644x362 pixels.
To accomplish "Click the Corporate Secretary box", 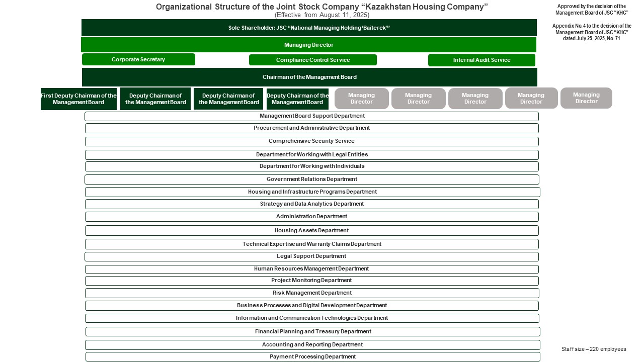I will point(138,59).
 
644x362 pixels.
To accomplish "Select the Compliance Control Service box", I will point(312,60).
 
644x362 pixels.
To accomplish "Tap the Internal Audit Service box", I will point(481,60).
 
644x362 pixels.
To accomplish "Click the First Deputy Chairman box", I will point(78,99).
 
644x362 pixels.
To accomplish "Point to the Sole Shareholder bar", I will point(309,28).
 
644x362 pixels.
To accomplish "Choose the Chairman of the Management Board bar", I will point(309,77).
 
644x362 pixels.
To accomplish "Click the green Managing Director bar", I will point(308,45).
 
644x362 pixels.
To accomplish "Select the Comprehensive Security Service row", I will point(311,141).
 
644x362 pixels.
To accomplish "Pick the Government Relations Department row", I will point(311,179).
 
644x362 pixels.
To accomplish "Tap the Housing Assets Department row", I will point(311,230).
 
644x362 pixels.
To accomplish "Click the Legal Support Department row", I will point(311,256).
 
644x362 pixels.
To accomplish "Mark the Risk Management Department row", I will point(311,293).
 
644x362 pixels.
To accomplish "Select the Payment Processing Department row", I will point(312,356).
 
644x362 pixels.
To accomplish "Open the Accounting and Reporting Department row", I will point(312,344).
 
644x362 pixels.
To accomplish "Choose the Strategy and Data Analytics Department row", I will point(311,204).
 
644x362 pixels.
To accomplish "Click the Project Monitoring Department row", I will point(311,281).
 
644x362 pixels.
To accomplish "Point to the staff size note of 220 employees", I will point(594,349).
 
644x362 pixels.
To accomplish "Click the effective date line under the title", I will point(322,15).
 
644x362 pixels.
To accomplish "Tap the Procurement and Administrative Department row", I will point(311,128).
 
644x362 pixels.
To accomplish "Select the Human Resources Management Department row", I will point(311,269).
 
